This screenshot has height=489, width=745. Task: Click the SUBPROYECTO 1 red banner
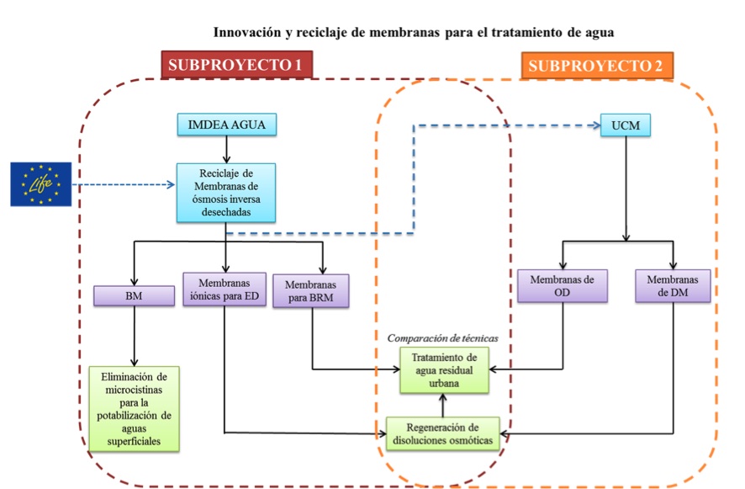[236, 64]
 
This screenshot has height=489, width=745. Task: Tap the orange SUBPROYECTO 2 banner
[597, 65]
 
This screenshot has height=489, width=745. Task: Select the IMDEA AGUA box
[227, 125]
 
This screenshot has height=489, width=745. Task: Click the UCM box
[626, 125]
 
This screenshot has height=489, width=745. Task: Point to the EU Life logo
[41, 184]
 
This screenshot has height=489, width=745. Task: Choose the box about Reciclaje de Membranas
[226, 193]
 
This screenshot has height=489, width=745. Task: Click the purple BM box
[134, 295]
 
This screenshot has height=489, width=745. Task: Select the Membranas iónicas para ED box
[225, 290]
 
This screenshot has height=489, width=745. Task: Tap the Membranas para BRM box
[311, 290]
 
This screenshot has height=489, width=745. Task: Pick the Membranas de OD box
[562, 286]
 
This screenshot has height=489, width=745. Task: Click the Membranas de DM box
[673, 286]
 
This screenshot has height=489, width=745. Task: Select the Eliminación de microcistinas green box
[134, 408]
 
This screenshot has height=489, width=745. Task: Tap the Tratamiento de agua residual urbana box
[444, 370]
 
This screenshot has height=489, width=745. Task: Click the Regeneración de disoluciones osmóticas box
[443, 433]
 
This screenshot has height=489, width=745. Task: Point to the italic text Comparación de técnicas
[443, 338]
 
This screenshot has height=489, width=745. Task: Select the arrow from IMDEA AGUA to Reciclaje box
[227, 150]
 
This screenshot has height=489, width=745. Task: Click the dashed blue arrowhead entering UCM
[597, 125]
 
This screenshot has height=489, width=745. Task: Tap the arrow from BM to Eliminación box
[135, 336]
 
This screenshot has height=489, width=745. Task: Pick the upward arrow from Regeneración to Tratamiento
[443, 406]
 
